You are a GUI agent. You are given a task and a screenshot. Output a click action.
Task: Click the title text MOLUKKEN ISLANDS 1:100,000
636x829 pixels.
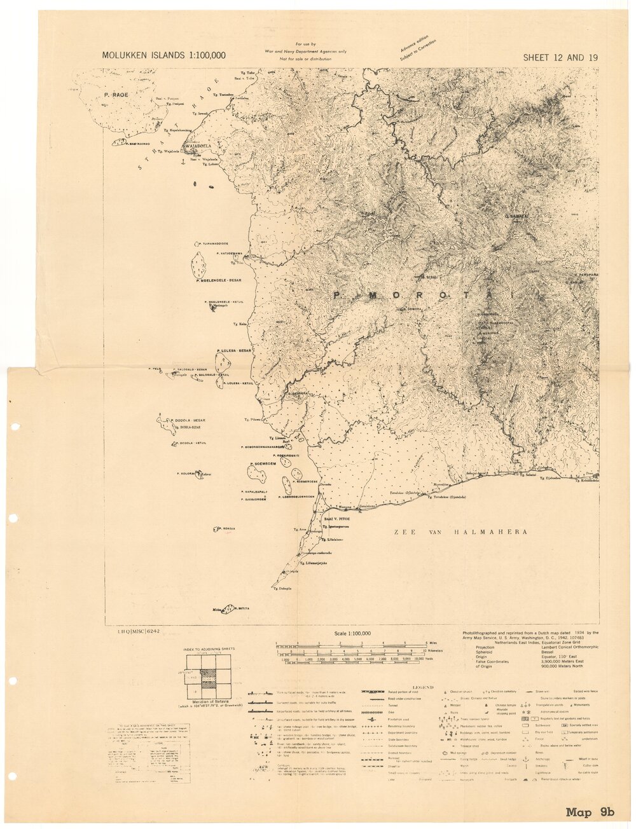tap(163, 56)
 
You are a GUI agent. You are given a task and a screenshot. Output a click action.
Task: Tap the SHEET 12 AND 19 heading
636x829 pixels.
tap(560, 58)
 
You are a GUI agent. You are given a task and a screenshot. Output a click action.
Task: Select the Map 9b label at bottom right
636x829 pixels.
tap(590, 812)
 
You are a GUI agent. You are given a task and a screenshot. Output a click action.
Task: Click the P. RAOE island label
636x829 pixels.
tap(116, 95)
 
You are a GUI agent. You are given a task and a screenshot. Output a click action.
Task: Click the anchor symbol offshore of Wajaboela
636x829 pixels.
tap(183, 163)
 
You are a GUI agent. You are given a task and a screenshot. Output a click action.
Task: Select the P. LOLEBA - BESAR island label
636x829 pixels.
tap(235, 350)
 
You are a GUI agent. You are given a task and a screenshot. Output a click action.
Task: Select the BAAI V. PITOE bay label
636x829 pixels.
tap(338, 519)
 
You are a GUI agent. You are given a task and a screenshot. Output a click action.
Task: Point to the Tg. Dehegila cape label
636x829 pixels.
tap(282, 589)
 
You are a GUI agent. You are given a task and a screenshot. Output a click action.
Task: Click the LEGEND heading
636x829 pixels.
tap(422, 687)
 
